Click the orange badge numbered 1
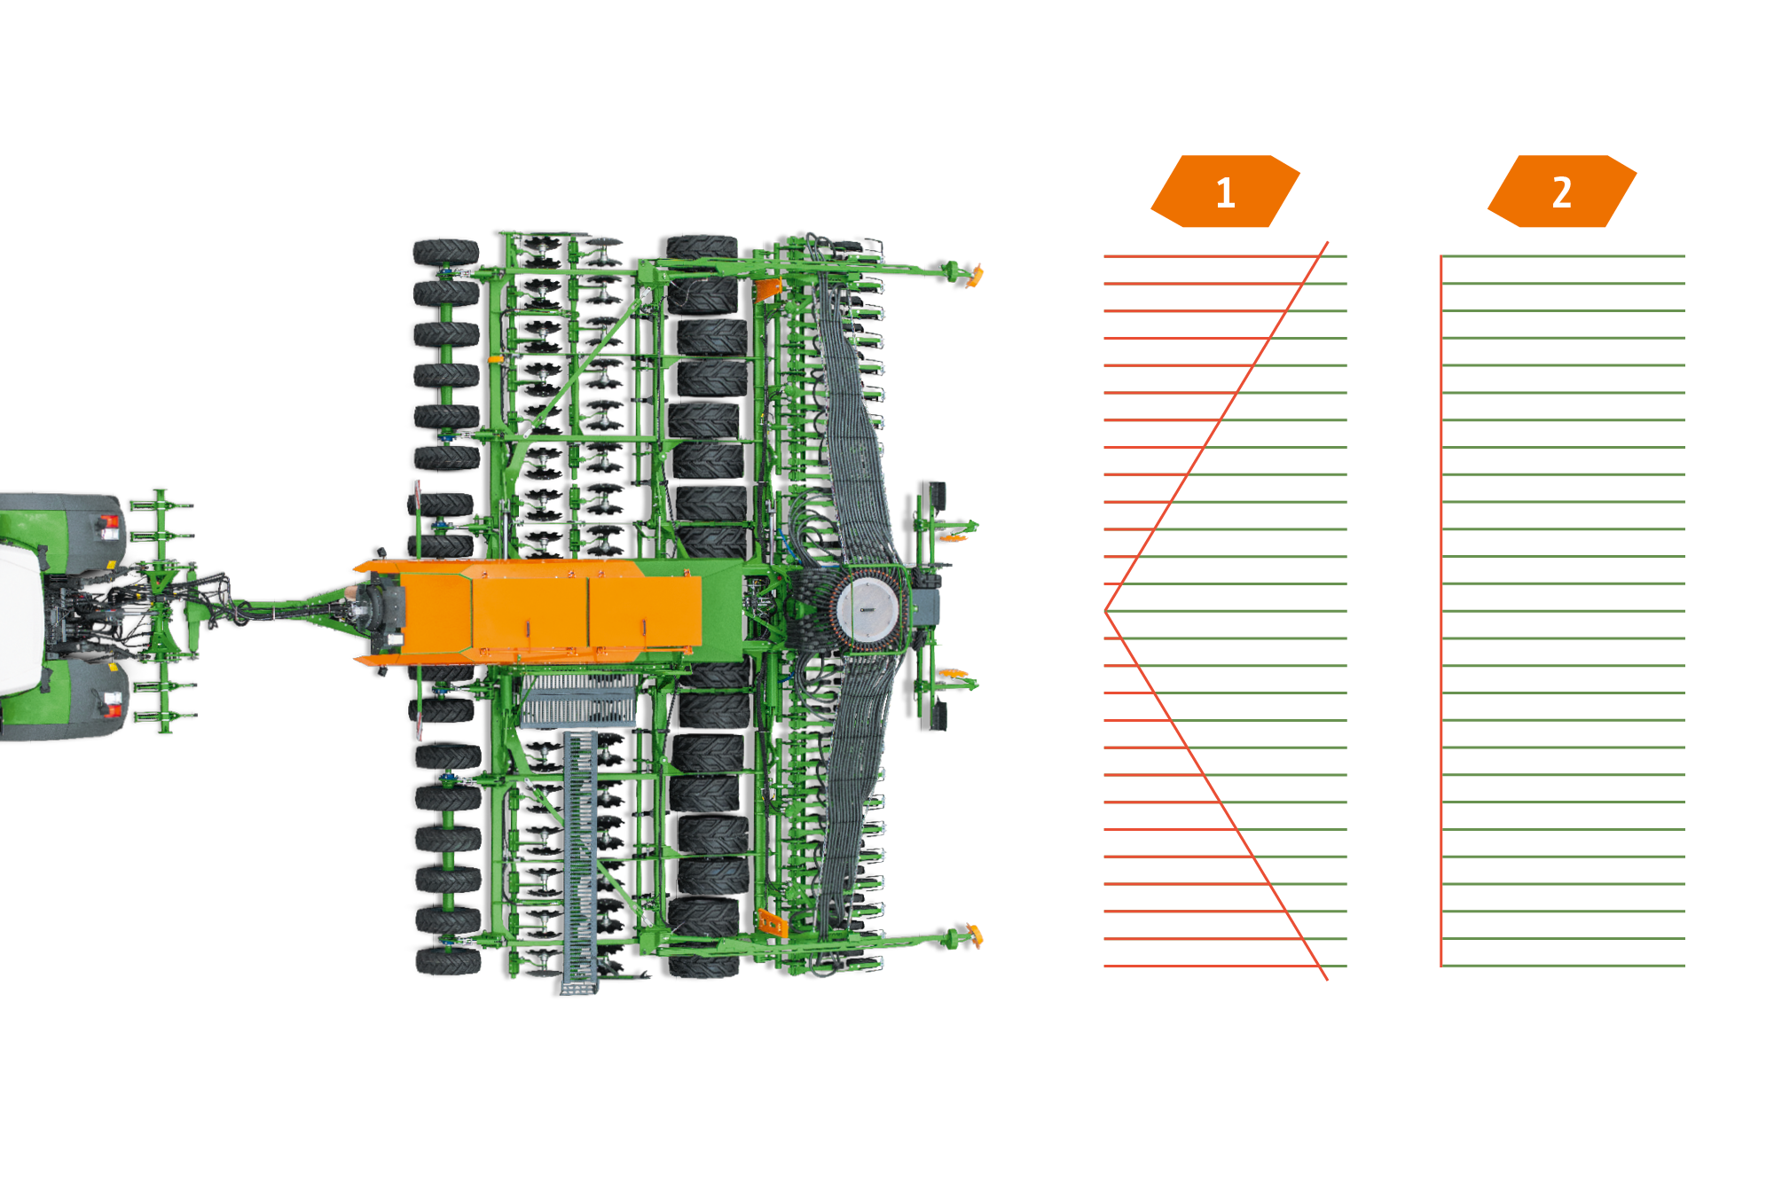coord(1225,192)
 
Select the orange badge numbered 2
coord(1562,192)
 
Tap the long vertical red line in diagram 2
coord(1441,611)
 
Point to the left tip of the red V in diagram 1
coord(1105,611)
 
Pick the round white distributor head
coord(867,610)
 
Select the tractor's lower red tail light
coord(111,705)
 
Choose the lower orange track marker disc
coord(976,935)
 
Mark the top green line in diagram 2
coord(1563,256)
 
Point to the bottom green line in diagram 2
coord(1563,966)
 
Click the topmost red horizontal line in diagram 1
coord(1213,256)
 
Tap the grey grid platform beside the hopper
coord(578,701)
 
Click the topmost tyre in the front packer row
coord(446,252)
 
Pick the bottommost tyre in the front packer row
coord(449,960)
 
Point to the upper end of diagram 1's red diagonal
coord(1327,242)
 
